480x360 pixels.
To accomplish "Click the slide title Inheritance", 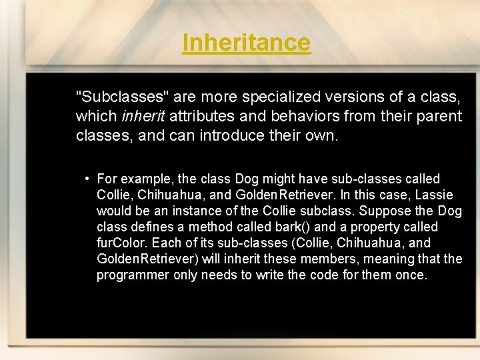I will point(246,43).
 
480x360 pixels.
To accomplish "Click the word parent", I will point(440,117).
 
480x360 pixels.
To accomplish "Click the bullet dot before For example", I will point(87,179).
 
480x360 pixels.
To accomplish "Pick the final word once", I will point(409,275).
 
